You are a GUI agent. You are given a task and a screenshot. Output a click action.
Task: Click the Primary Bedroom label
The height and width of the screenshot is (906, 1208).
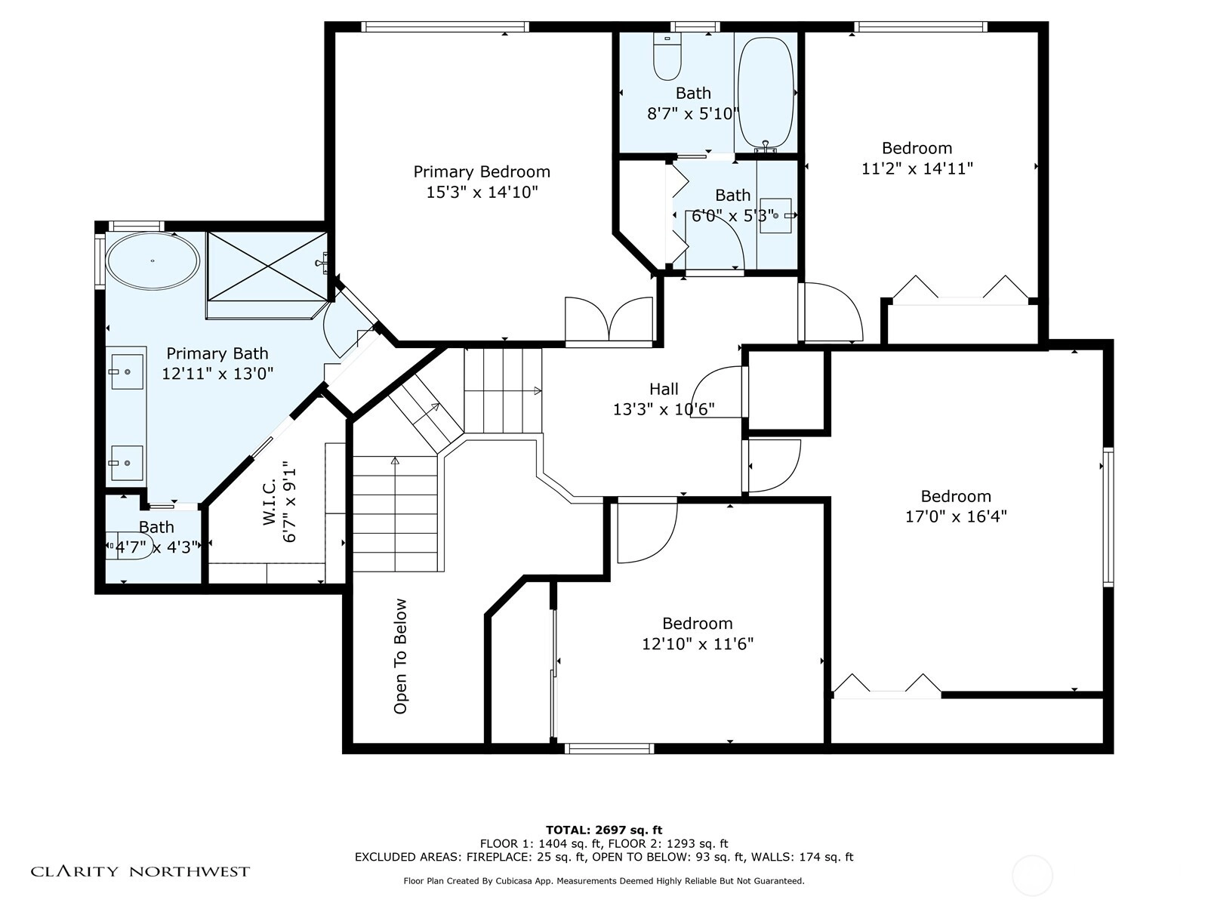482,171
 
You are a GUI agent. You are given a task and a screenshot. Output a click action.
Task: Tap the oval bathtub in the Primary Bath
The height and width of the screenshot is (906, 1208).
153,261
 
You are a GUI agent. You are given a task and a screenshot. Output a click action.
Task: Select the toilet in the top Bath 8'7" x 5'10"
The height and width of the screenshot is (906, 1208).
667,56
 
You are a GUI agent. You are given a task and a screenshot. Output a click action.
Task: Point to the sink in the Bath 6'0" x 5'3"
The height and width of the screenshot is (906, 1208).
775,216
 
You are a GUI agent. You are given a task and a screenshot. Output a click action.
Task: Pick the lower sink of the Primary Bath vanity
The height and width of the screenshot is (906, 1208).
127,463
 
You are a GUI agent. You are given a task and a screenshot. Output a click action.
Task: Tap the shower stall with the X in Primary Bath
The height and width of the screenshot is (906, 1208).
267,267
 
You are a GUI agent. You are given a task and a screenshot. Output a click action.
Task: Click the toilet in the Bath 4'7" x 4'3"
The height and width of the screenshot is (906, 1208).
131,546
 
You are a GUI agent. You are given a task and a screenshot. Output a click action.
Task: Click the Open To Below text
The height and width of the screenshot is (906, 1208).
400,656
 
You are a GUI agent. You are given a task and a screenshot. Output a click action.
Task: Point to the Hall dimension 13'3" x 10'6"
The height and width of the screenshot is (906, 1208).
664,409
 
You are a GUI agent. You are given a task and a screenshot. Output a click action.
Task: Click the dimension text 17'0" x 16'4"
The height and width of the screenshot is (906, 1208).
956,516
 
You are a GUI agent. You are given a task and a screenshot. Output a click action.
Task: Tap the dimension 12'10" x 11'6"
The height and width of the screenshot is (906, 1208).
698,643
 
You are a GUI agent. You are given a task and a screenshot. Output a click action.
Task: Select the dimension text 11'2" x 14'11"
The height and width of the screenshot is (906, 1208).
917,168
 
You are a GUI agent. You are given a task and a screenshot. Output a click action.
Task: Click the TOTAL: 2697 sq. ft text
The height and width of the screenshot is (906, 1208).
604,830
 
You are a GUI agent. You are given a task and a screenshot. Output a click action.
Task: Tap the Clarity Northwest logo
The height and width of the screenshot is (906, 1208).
140,871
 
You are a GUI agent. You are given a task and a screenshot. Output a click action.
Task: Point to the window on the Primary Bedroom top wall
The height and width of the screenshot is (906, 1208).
445,26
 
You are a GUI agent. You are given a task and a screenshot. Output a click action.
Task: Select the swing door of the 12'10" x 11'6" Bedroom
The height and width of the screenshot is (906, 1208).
647,530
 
